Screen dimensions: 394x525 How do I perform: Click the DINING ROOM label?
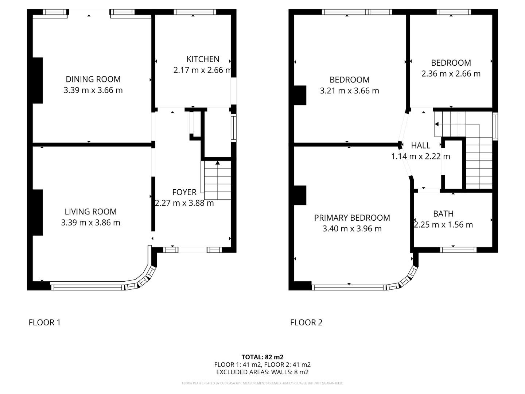(93, 79)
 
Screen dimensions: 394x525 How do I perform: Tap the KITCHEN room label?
(203, 59)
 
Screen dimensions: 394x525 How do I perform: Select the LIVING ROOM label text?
(90, 212)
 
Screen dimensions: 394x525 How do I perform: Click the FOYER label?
(184, 192)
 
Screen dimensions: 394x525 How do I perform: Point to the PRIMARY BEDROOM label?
(352, 218)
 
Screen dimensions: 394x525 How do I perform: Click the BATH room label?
(443, 214)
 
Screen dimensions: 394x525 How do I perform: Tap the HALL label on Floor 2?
(420, 146)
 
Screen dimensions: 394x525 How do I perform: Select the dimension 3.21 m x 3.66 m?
(349, 91)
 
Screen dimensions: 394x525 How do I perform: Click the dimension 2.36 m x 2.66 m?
(451, 74)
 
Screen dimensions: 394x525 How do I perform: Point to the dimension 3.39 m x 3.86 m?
(90, 223)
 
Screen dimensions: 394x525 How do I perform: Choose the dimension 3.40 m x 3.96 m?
(352, 229)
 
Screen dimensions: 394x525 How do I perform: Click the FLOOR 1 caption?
(44, 322)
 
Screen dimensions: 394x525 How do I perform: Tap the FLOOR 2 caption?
(306, 322)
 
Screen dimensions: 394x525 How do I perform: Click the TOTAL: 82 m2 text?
(262, 357)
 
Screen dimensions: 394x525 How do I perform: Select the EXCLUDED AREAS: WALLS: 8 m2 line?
(262, 372)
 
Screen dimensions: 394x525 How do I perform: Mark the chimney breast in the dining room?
(38, 80)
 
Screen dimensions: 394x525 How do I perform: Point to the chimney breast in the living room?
(38, 212)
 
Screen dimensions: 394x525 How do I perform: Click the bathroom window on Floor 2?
(458, 250)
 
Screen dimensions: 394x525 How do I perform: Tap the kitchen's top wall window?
(195, 12)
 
